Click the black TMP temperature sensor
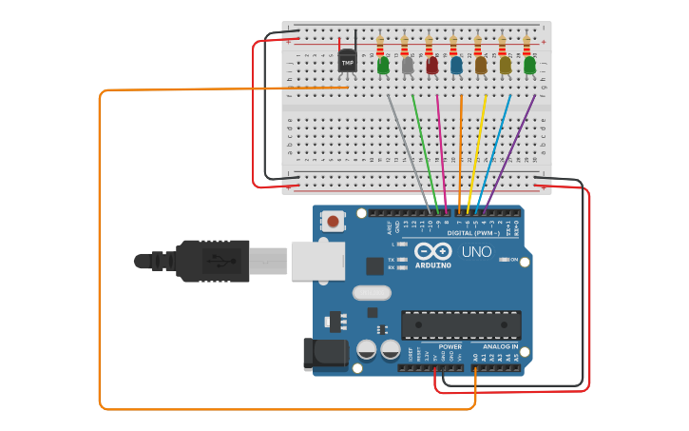[x=348, y=62]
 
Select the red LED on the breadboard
[x=432, y=65]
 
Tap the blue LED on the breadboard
[x=456, y=65]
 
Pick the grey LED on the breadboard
[x=408, y=65]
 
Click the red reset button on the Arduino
[x=333, y=222]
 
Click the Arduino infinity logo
[x=432, y=252]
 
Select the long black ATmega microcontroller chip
[x=460, y=324]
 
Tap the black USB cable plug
[x=213, y=260]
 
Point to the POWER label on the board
[x=450, y=347]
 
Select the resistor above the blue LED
[x=453, y=45]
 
